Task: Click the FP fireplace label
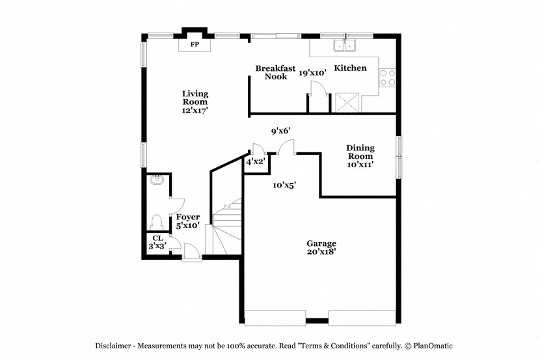[195, 44]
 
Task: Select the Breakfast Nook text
[275, 72]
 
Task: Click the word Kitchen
[350, 68]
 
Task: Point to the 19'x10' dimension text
[312, 73]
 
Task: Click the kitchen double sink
[344, 45]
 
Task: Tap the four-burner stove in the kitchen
[388, 77]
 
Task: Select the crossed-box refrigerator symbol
[347, 102]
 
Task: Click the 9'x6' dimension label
[280, 131]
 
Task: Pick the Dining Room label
[360, 156]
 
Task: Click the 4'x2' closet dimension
[255, 161]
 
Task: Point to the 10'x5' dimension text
[284, 186]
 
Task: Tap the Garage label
[321, 247]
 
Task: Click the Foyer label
[187, 221]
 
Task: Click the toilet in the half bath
[157, 222]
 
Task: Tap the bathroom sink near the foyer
[157, 180]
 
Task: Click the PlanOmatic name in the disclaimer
[433, 346]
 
